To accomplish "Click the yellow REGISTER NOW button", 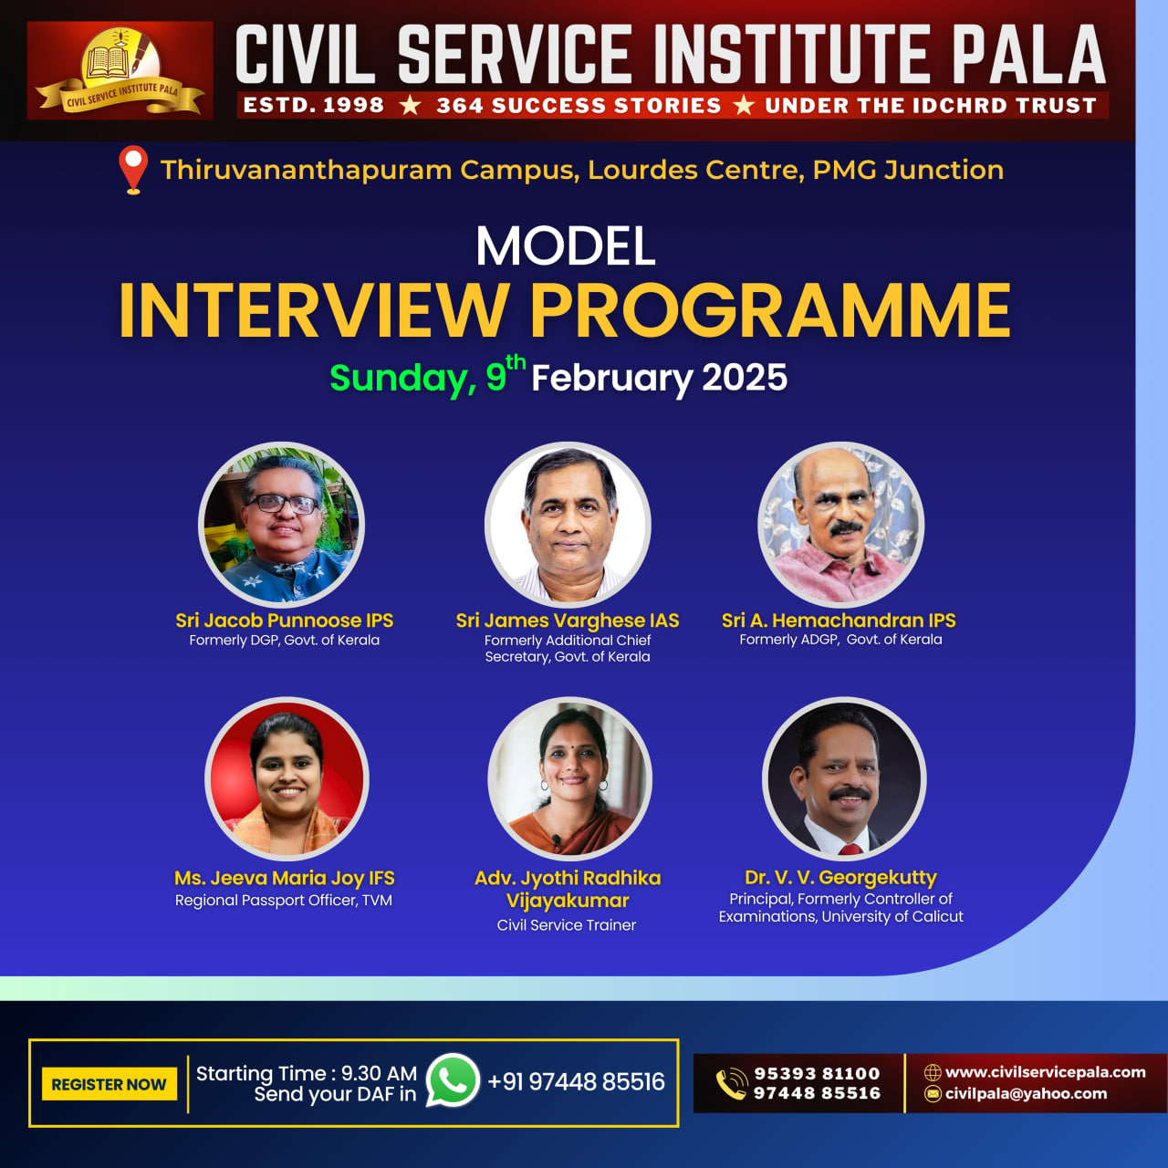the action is tap(109, 1084).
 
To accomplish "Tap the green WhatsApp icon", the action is tap(453, 1080).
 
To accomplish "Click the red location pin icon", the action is tap(133, 170).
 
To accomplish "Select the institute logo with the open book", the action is tap(120, 70).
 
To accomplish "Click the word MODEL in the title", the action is tap(566, 245).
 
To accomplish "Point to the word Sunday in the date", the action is tap(401, 378).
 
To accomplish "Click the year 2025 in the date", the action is tap(745, 377).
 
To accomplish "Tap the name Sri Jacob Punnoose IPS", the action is tap(285, 620).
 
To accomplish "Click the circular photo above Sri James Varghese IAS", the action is tap(568, 525).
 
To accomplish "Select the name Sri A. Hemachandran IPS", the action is tap(839, 620).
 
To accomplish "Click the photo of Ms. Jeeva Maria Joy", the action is tap(287, 779).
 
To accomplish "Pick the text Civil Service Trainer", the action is tap(566, 925).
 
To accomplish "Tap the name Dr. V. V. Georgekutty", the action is tap(840, 877).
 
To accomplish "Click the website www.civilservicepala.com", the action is tap(1046, 1072).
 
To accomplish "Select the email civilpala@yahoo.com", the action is tap(1027, 1093).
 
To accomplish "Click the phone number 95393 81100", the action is tap(817, 1073).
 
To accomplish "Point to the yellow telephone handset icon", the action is tap(732, 1084).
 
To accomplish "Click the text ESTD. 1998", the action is tap(313, 106).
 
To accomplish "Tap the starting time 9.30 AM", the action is tap(379, 1073).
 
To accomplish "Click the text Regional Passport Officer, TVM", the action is tap(284, 900).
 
